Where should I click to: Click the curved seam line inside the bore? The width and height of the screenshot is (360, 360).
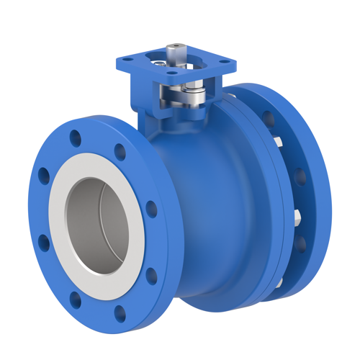[108, 216]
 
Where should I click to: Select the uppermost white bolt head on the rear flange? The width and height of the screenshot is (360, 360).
[279, 140]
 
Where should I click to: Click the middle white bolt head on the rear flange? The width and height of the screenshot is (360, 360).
[296, 214]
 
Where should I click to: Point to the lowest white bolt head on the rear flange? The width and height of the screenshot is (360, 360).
[277, 284]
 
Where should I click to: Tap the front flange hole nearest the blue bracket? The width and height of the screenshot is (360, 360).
[120, 153]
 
